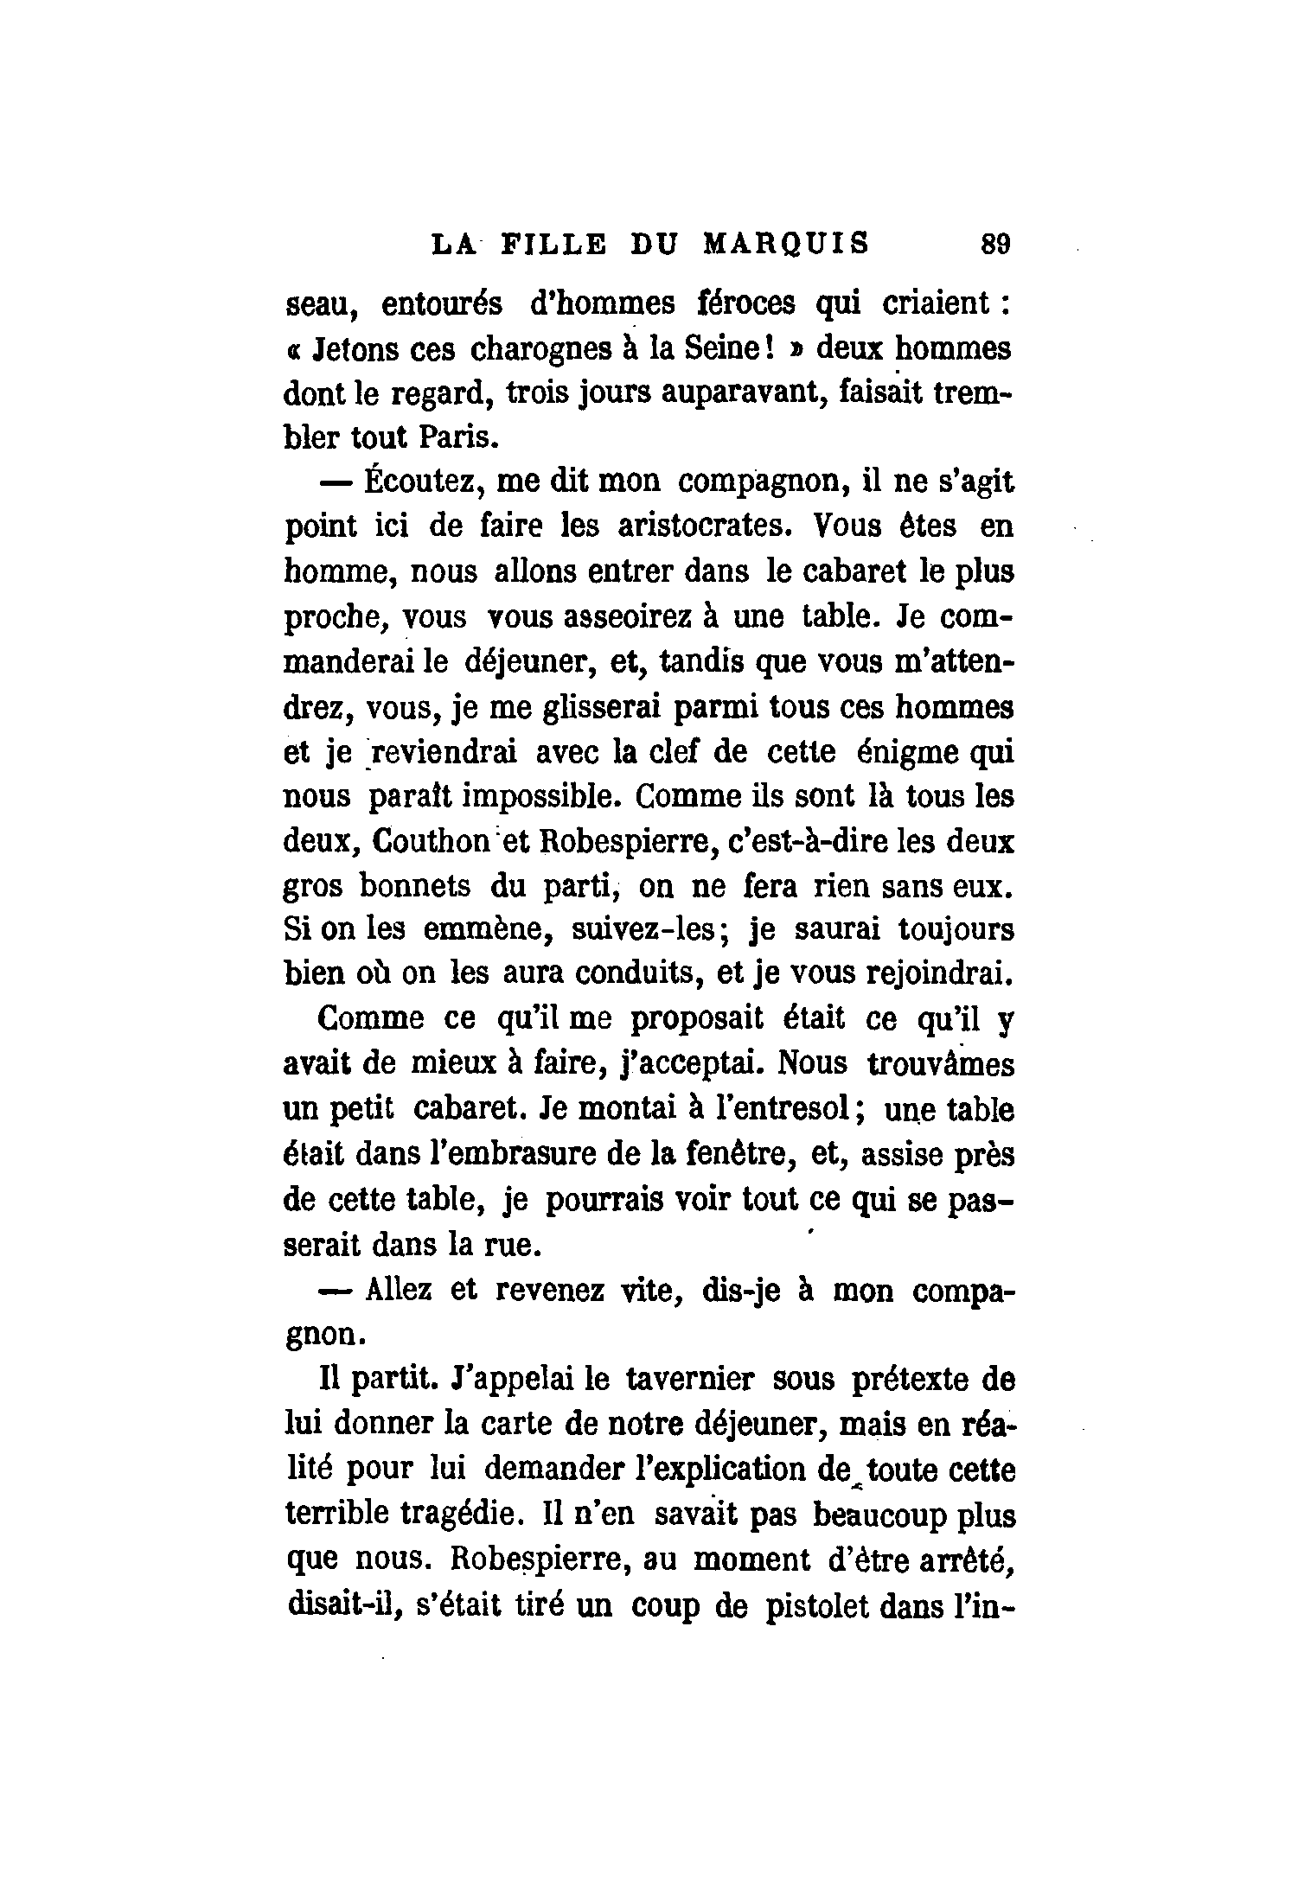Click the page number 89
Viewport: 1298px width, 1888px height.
pyautogui.click(x=995, y=245)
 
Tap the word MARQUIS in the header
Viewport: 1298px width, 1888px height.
pyautogui.click(x=784, y=245)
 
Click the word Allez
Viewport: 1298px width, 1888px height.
pyautogui.click(x=398, y=1290)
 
